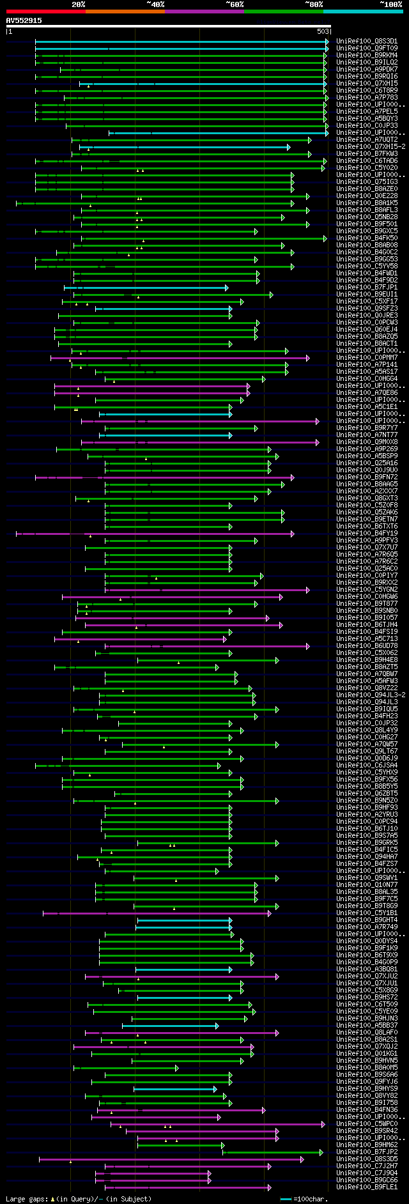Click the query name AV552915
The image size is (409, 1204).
coord(24,20)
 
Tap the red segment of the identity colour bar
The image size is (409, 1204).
coord(45,12)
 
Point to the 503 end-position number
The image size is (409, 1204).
coord(323,31)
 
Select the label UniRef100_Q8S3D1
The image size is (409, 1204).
coord(367,42)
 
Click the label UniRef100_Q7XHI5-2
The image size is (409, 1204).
coord(371,147)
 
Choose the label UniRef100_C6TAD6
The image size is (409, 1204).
coord(367,161)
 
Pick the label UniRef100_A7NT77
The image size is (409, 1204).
coord(367,435)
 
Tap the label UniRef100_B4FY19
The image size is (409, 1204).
coord(367,534)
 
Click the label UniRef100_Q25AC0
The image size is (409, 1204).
coord(367,569)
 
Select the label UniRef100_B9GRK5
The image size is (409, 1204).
coord(367,843)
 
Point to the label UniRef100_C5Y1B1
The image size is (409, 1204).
coord(367,913)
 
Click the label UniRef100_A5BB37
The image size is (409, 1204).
coord(367,1026)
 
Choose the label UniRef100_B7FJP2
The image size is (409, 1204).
coord(367,1152)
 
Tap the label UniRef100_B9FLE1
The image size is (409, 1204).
coord(367,1187)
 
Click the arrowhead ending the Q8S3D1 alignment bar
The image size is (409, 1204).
coord(327,42)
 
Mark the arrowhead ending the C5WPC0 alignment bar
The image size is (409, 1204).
coord(323,1124)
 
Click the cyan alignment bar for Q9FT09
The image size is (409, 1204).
coord(179,49)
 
